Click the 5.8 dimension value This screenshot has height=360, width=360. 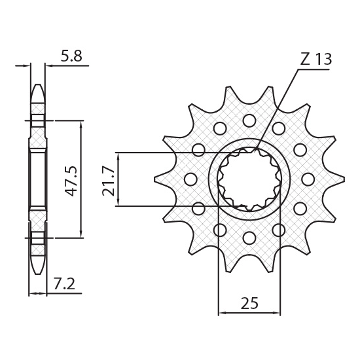71,56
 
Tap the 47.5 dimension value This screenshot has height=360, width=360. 71,181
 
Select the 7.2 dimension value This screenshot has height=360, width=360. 64,284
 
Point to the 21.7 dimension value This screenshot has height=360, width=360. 109,181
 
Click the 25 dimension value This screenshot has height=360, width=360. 249,303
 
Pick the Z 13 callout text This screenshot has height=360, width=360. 316,59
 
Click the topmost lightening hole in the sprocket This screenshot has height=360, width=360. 249,120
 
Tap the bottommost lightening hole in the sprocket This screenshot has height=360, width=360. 249,238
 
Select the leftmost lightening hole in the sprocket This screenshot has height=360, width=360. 190,179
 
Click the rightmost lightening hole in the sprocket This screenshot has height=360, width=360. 308,179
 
